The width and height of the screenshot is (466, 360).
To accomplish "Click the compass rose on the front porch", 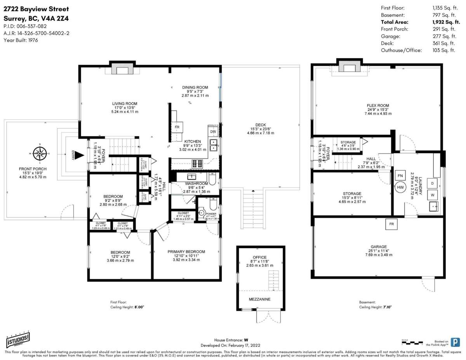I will [x=40, y=153].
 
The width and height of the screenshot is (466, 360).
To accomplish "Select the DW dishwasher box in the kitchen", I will [x=213, y=132].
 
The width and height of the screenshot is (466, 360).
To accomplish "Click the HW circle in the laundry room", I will [x=400, y=187].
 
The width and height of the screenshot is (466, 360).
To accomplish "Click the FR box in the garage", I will [x=391, y=224].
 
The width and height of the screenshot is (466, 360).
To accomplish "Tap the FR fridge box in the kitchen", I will [x=177, y=127].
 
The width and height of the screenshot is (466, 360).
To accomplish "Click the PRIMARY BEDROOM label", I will [x=186, y=252].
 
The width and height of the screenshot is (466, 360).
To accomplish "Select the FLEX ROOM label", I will [x=377, y=105].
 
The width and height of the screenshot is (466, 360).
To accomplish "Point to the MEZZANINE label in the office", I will [x=259, y=299].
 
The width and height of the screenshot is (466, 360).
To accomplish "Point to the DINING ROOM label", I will [x=195, y=87].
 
